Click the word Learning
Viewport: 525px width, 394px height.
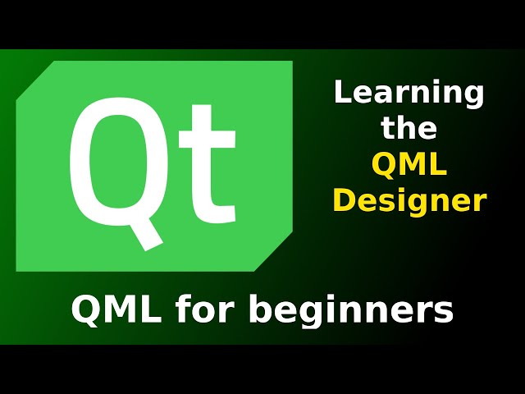[409, 94]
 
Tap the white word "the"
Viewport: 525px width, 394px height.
[409, 129]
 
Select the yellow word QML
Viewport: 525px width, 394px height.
[409, 165]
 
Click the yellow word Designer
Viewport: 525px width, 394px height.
[409, 201]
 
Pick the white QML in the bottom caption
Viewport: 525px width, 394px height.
[115, 310]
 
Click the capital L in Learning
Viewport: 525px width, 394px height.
[340, 92]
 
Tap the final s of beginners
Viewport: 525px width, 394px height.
[444, 313]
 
